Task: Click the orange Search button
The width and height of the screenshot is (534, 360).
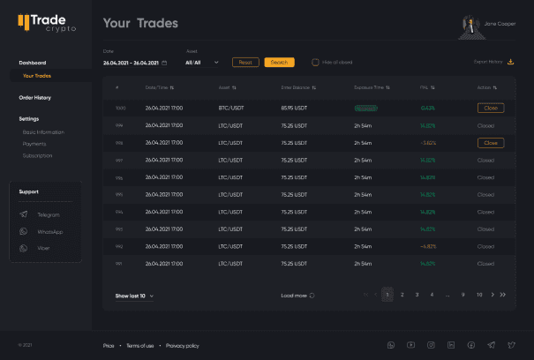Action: coord(279,62)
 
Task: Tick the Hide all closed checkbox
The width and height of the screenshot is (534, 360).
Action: coord(315,62)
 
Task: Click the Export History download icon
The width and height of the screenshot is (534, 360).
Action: coord(510,62)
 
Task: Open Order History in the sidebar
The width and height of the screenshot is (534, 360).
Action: coord(35,97)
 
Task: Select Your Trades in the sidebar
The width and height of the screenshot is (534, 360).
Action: coord(37,75)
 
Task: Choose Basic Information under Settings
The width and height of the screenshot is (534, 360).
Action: coord(43,131)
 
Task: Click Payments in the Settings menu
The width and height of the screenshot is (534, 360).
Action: coord(34,143)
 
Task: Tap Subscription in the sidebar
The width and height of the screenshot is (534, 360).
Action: coord(37,155)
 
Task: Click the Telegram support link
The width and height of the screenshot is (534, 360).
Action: coord(48,214)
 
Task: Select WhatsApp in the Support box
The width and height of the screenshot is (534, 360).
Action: coord(49,231)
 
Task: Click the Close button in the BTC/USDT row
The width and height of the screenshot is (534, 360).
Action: coord(491,108)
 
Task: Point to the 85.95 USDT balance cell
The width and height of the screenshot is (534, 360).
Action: coord(294,108)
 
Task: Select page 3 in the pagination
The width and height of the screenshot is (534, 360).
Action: coord(417,294)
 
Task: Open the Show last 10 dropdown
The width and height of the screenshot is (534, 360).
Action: coord(134,295)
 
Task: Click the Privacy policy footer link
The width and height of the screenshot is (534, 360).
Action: coord(182,345)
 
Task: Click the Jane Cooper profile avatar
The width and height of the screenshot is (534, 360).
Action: coord(466,24)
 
